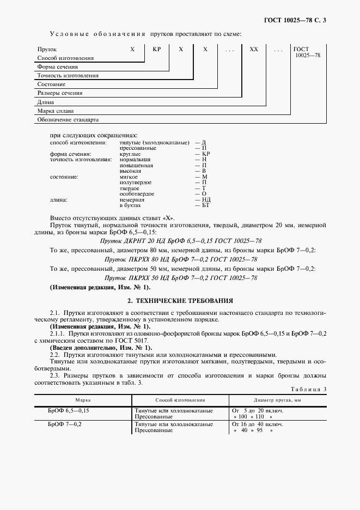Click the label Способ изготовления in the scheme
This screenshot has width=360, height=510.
tap(65, 58)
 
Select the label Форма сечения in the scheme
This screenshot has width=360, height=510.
tap(57, 67)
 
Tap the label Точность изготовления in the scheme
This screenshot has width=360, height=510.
tap(68, 76)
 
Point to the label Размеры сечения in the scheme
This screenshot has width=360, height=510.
tap(60, 93)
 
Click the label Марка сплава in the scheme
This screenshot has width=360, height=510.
tap(55, 111)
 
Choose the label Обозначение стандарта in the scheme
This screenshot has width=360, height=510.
tap(68, 119)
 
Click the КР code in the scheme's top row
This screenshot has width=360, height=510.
tap(157, 49)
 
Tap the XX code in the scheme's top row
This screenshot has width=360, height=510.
tap(253, 49)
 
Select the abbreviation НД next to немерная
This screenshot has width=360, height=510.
tap(205, 200)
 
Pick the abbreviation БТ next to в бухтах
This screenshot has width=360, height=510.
tap(205, 205)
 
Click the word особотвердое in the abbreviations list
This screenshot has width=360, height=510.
tap(137, 194)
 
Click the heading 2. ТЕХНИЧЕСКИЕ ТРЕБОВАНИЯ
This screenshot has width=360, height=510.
tap(180, 300)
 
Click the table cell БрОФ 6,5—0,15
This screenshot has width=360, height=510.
tap(68, 410)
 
